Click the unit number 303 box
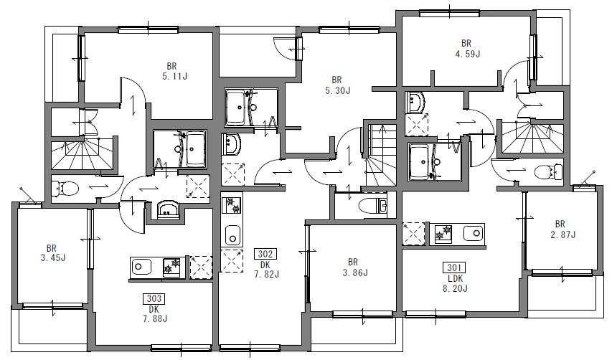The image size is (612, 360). tap(154, 299)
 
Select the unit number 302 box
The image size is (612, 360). tap(265, 255)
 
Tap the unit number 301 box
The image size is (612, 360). tap(454, 268)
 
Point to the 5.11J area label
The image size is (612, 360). tap(174, 77)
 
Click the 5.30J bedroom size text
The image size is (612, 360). tap(338, 90)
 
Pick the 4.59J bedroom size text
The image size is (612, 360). tap(467, 54)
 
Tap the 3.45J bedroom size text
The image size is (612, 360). tap(52, 257)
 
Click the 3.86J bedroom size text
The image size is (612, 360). tap(355, 273)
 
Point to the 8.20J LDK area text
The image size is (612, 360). tap(455, 288)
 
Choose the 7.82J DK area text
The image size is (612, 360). tap(267, 274)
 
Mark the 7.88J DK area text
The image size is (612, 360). tap(155, 318)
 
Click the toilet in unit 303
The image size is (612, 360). tap(65, 189)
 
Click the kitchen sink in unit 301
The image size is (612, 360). tap(474, 234)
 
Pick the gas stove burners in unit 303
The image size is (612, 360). tap(171, 267)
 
